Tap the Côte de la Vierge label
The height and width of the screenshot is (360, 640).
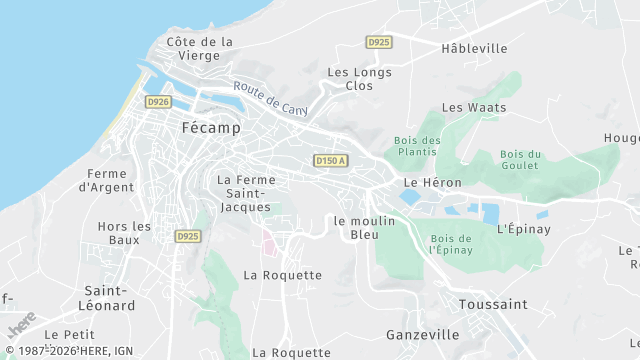200,49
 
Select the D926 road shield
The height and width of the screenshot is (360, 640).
157,102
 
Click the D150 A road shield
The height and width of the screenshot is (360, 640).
330,160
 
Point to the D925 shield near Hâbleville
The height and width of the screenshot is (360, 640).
379,42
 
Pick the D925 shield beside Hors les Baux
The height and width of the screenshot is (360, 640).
186,237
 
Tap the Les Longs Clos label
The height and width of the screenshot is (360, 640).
358,79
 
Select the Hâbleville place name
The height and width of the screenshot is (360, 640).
474,48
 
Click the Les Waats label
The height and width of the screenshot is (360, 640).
474,107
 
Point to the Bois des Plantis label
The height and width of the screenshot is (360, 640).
418,146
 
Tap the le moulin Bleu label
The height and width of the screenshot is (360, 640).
365,228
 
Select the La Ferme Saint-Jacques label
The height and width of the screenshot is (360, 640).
245,193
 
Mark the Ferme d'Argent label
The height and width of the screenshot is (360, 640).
107,180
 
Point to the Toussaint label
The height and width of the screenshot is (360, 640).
492,303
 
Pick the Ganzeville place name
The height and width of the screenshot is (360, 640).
423,335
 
